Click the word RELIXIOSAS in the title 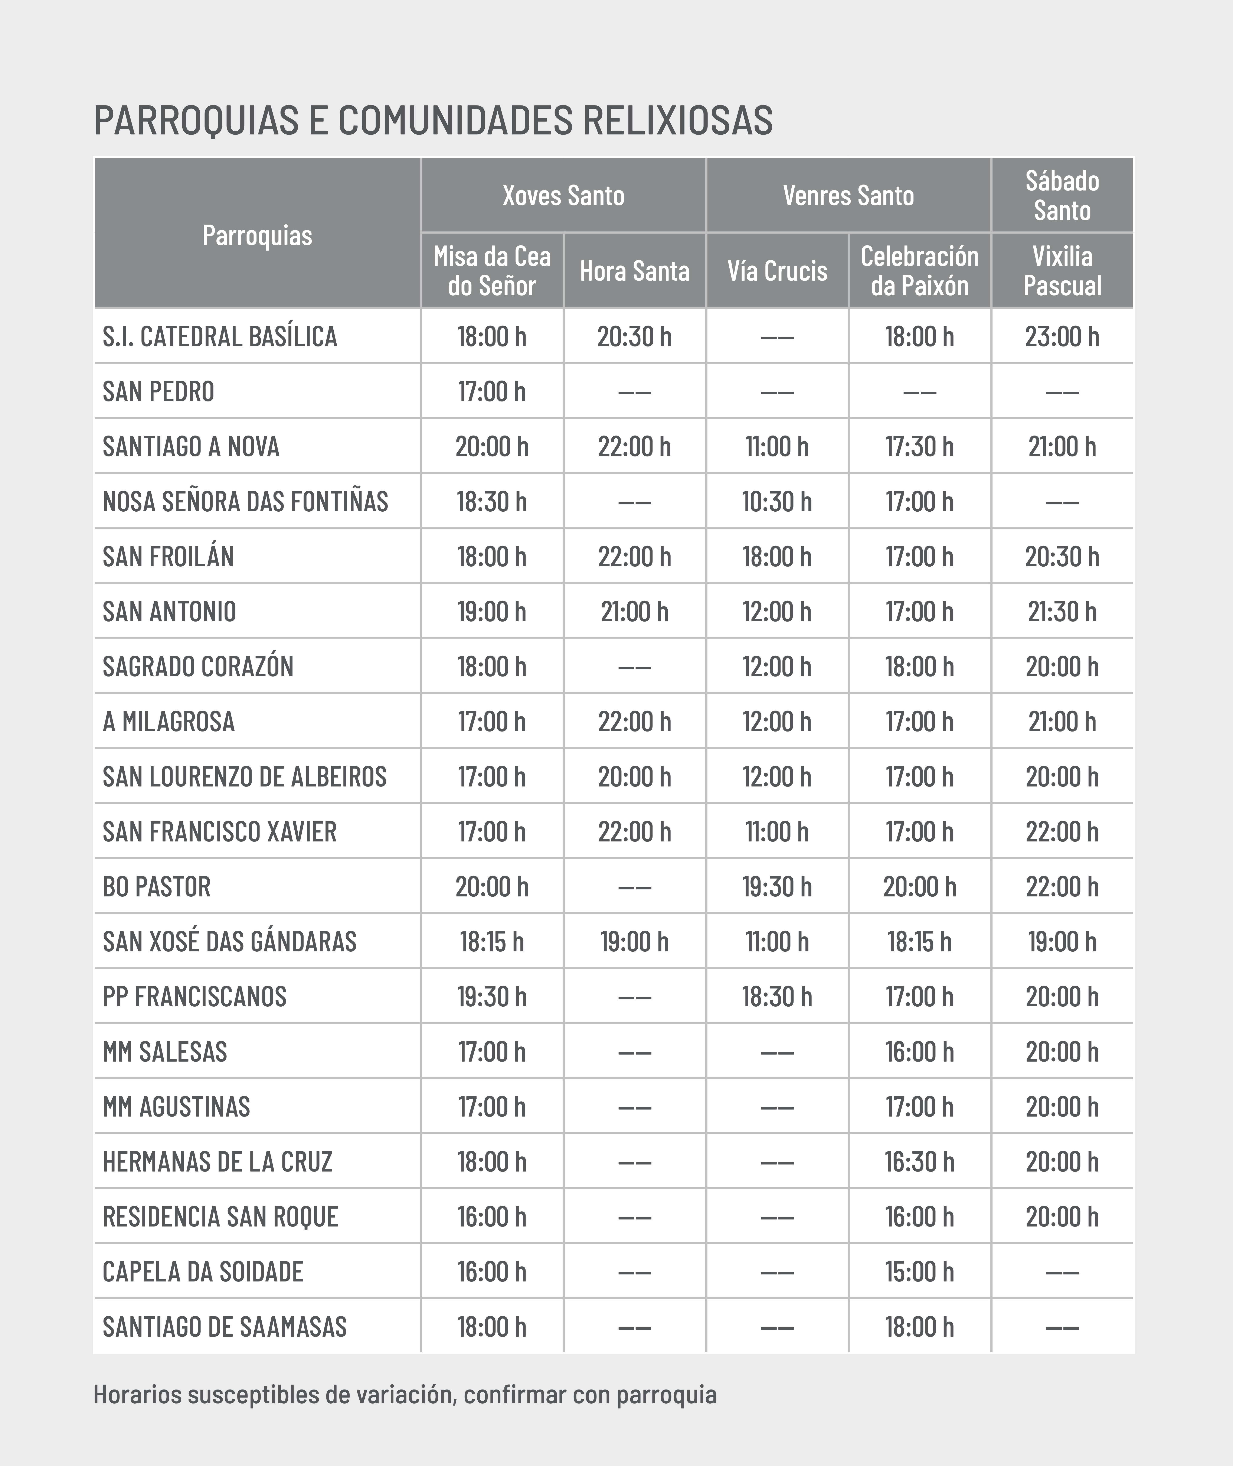pos(677,120)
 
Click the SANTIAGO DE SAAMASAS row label pos(224,1327)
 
